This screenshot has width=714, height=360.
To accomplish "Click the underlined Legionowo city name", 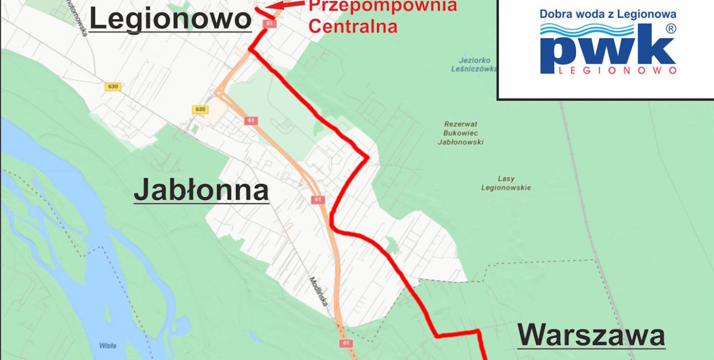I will point(170,19).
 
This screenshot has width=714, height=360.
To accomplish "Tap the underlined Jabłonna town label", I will point(201,190).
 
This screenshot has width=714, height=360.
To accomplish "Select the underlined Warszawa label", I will point(591,335).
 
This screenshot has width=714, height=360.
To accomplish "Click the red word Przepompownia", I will point(383,6).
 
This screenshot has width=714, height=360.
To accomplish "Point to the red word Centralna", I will point(352,26).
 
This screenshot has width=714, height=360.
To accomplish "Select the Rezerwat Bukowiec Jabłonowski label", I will point(460,133).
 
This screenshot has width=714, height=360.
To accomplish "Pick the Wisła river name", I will point(107,345).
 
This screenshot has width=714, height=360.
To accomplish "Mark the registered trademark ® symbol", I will point(671,28).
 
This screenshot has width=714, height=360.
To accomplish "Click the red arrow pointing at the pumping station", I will point(286,5).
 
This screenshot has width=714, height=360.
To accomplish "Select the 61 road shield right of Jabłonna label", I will point(318,200).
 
